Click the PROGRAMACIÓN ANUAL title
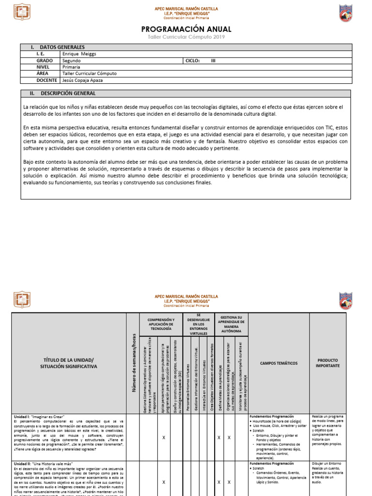(x=186, y=30)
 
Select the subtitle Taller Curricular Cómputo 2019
(x=186, y=38)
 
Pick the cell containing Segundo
(x=72, y=61)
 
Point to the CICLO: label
(x=193, y=61)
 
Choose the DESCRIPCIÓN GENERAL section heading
(x=68, y=93)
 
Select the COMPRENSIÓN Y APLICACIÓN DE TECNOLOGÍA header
(x=161, y=325)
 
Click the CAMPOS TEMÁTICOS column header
(x=279, y=363)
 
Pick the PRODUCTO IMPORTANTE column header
(x=328, y=363)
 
